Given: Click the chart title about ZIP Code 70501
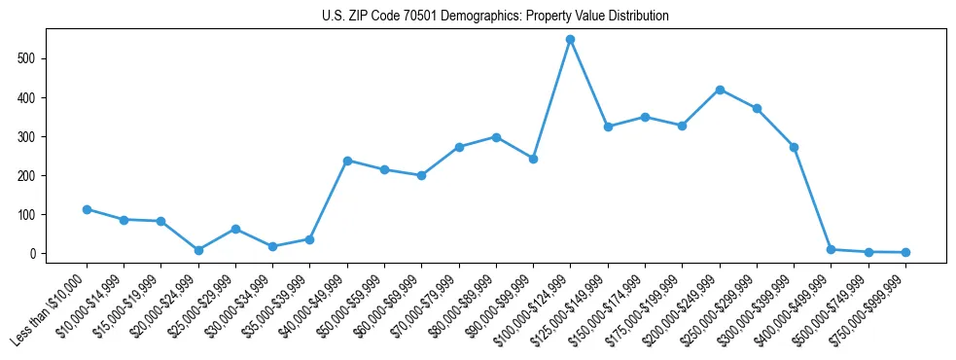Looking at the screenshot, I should point(495,17).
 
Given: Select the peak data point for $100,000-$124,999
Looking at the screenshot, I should point(571,40).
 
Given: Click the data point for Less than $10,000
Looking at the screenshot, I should point(87,209).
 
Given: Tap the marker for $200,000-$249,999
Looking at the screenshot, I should point(720,90).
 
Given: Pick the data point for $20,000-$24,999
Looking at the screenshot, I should point(198,250).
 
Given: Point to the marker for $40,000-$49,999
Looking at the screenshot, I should point(347,161).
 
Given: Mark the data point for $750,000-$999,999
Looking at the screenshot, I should point(905,252).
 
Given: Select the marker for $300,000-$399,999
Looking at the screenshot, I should point(794,147).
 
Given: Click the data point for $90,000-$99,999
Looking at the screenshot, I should point(533,159).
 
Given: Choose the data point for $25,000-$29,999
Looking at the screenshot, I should point(235,229).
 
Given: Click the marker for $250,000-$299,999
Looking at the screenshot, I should point(757,109).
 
